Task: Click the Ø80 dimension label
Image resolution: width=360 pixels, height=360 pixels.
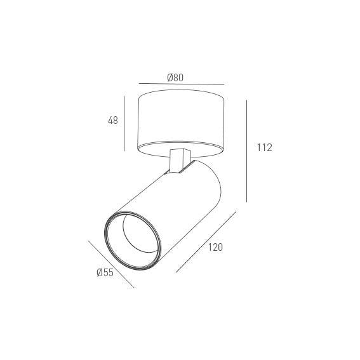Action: (175, 77)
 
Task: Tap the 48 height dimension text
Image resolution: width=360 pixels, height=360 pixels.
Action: (113, 120)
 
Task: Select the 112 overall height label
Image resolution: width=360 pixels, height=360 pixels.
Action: (265, 147)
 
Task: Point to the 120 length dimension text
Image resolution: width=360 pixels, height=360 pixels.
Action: (215, 247)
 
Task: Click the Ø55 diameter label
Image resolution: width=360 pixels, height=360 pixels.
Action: (105, 272)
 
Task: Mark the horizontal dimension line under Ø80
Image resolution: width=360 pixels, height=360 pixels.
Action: (182, 84)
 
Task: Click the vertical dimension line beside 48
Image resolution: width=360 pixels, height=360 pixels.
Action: (124, 124)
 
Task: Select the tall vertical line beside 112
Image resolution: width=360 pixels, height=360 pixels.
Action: (246, 151)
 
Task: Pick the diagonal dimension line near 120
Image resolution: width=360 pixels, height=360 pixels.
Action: (206, 242)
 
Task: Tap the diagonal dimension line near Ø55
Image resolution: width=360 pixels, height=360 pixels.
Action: (111, 264)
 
